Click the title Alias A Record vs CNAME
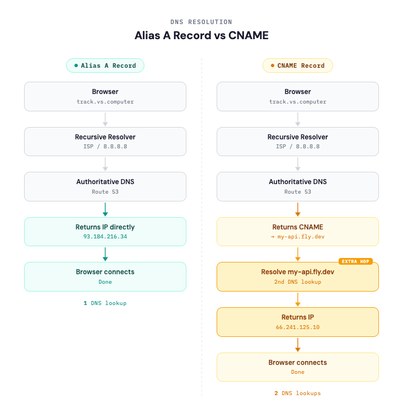pyautogui.click(x=201, y=35)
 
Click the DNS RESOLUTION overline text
pyautogui.click(x=201, y=22)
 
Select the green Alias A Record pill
pyautogui.click(x=105, y=65)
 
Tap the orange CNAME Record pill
pyautogui.click(x=298, y=65)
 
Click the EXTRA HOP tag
pyautogui.click(x=355, y=261)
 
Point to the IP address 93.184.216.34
pyautogui.click(x=105, y=237)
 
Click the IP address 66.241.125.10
pyautogui.click(x=298, y=327)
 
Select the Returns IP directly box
pyautogui.click(x=105, y=232)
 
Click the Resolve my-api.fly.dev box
pyautogui.click(x=298, y=276)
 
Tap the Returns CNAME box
pyautogui.click(x=298, y=232)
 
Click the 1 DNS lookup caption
pyautogui.click(x=105, y=303)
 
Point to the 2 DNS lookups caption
pyautogui.click(x=298, y=393)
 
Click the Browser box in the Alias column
pyautogui.click(x=105, y=96)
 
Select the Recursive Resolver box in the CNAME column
pyautogui.click(x=298, y=141)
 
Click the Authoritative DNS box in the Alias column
pyautogui.click(x=105, y=186)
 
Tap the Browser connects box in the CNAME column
pyautogui.click(x=298, y=367)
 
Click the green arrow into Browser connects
pyautogui.click(x=105, y=254)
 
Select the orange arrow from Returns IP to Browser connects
pyautogui.click(x=298, y=344)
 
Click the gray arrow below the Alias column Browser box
pyautogui.click(x=105, y=119)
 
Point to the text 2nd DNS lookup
pyautogui.click(x=298, y=282)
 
